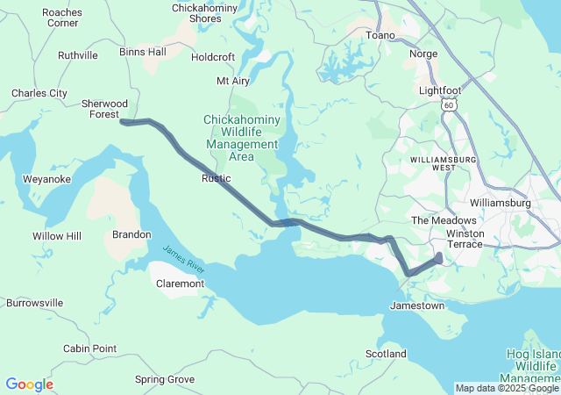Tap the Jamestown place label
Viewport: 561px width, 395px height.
pos(416,305)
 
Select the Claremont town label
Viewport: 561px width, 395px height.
pos(180,284)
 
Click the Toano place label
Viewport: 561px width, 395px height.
pos(380,35)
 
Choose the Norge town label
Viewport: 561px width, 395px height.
pos(423,54)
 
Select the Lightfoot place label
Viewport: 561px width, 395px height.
pos(439,90)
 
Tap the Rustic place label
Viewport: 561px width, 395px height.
pos(216,178)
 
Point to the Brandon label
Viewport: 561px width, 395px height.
pos(131,234)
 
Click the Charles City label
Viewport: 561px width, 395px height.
pos(39,92)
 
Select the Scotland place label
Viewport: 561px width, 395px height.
pos(386,354)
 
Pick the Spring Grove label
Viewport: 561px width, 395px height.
pos(165,379)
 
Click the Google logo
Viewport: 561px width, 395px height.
pos(29,384)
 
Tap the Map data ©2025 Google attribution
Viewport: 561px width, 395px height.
pos(506,388)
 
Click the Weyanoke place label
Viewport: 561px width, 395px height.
pos(46,179)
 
